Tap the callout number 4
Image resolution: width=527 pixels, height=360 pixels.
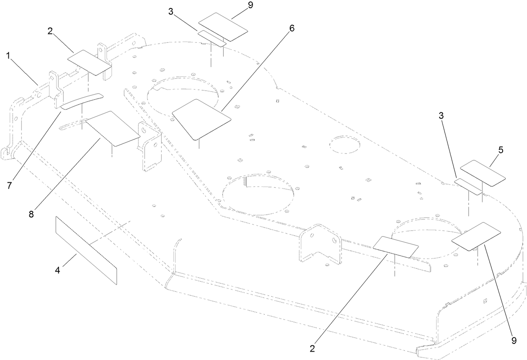click(58, 271)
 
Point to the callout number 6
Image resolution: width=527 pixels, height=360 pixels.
click(292, 28)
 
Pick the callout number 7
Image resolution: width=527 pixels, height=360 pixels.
click(9, 185)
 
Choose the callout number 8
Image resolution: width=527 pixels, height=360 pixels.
click(32, 213)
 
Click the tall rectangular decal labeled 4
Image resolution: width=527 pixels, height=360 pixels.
click(85, 250)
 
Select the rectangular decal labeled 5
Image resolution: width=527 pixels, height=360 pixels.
click(483, 172)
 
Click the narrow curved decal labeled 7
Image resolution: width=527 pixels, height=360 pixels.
click(82, 101)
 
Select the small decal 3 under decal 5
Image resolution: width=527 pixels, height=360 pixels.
click(469, 186)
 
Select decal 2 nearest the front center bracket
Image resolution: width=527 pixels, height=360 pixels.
click(396, 246)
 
